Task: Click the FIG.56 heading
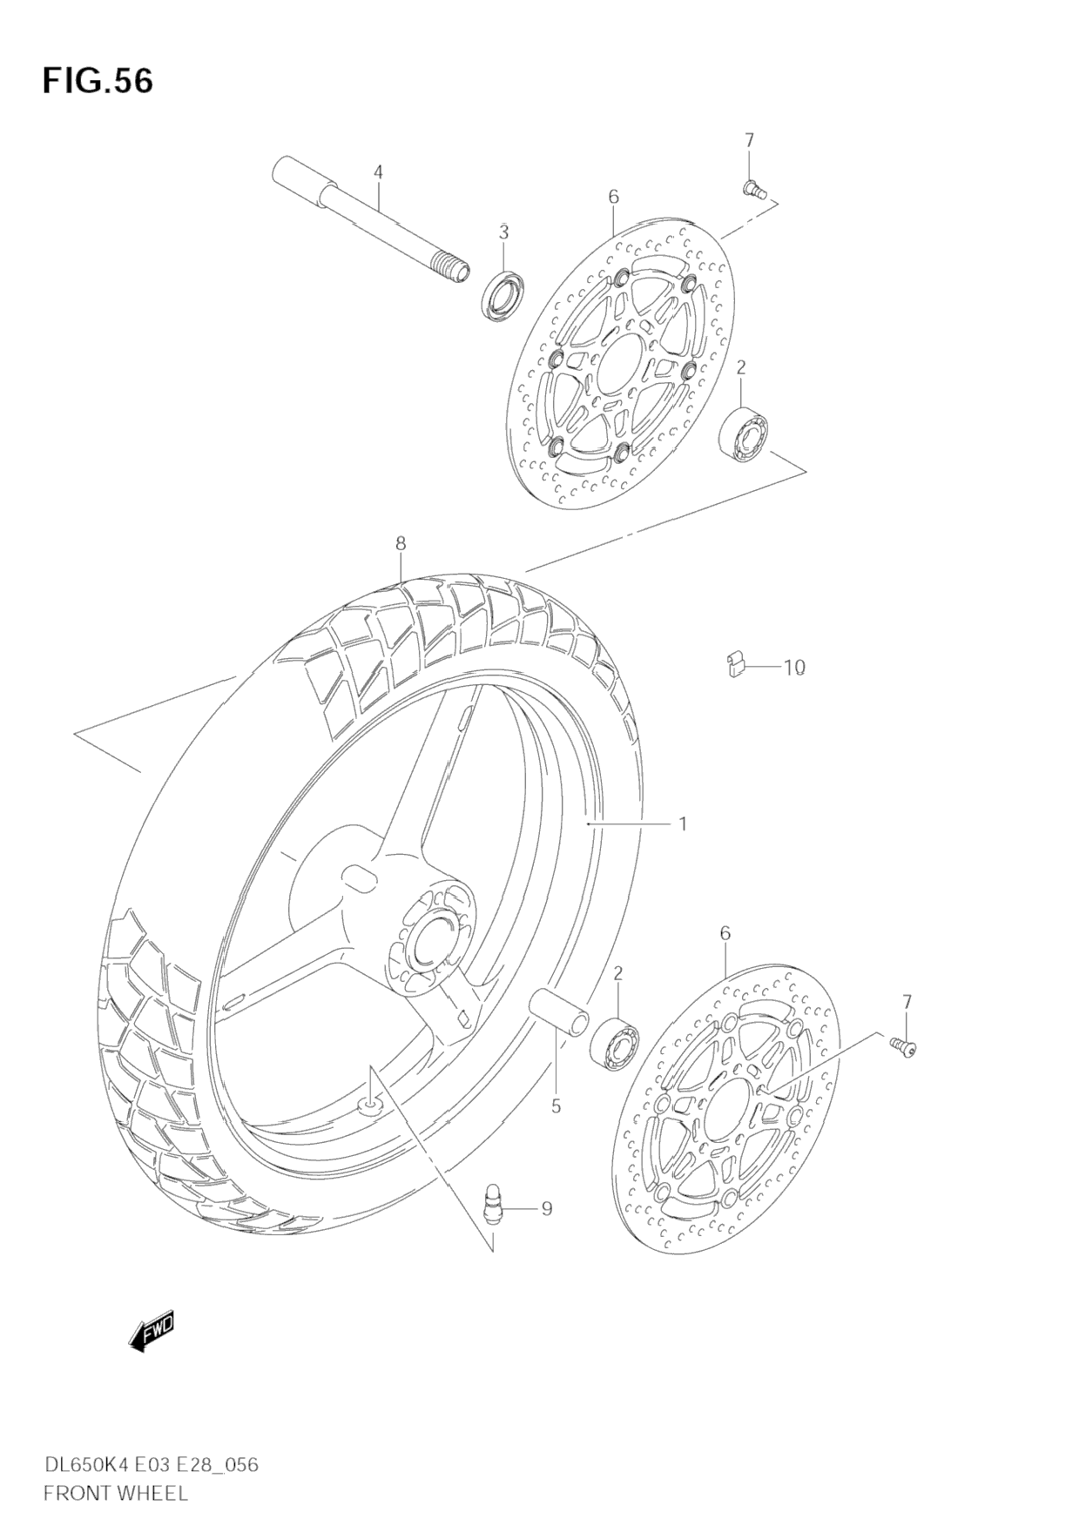(98, 81)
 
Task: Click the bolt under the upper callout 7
(753, 189)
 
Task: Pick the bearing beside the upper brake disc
(745, 433)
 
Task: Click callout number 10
(793, 668)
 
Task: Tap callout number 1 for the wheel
(683, 823)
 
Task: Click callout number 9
(546, 1208)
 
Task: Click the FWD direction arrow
(152, 1330)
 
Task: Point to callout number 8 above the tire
(401, 543)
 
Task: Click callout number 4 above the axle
(378, 172)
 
